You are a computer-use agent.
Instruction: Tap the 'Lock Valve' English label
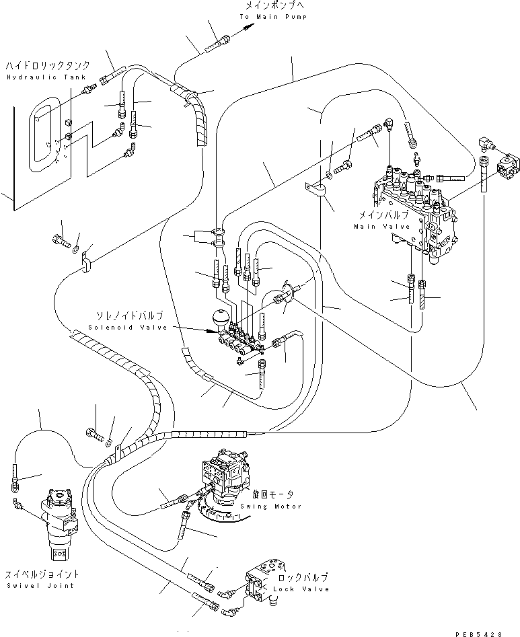click(302, 589)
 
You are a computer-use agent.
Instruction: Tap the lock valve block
click(264, 580)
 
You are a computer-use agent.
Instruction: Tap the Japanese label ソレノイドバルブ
click(128, 315)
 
